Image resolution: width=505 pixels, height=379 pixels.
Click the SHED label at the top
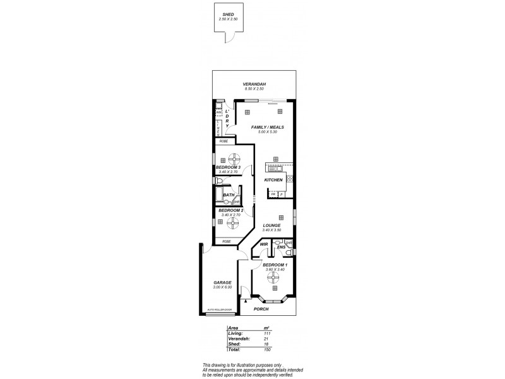228,14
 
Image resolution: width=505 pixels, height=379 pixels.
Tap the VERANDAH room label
255,85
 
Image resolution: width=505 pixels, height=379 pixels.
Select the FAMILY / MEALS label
268,128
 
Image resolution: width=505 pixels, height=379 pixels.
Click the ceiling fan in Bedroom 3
234,159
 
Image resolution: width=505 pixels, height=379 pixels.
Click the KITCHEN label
273,181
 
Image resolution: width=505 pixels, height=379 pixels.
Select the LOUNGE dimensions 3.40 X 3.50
271,230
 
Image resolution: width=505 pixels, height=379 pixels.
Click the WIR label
264,244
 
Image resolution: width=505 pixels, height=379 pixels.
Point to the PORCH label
261,309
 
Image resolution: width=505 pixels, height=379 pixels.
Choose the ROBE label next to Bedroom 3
223,141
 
